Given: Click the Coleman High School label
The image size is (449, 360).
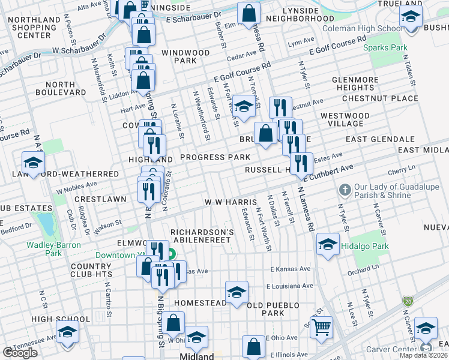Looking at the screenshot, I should point(363,29).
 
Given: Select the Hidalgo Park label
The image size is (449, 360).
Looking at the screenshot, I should point(366,246).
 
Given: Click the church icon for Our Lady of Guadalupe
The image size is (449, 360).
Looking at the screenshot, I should point(344,191).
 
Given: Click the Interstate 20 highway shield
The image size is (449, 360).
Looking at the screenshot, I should point(408,299).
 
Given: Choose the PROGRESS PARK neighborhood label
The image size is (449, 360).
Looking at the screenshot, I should point(215,157).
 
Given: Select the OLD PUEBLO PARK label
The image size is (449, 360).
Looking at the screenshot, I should point(274,309).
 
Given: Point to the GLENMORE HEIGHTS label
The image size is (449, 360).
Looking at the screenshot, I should point(358,83).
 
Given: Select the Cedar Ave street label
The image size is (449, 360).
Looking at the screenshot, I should point(242,56).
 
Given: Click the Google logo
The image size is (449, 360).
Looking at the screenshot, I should point(20,352).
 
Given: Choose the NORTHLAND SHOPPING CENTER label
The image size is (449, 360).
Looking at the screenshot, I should point(34,28).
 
